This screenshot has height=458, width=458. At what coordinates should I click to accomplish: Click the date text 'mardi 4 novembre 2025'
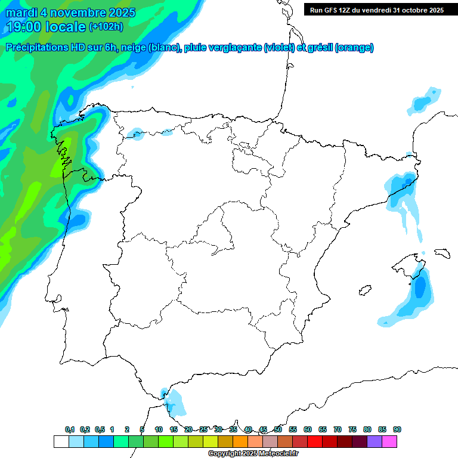coord(70,13)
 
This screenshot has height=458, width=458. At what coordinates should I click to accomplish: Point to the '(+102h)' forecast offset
coord(106,27)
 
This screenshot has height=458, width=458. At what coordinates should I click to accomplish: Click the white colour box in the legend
coord(61,442)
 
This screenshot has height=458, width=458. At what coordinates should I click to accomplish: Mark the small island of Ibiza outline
coord(364,291)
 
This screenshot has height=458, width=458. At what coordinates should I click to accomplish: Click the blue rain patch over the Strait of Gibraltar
coord(175,402)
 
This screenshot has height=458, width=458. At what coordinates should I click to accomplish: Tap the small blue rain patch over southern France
coord(425,100)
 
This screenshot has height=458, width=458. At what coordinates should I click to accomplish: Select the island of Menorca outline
coord(442,253)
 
